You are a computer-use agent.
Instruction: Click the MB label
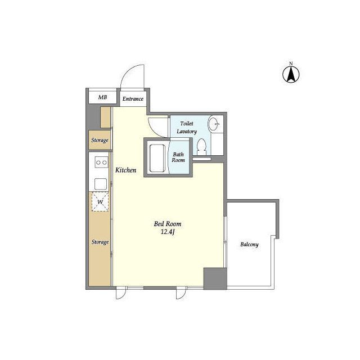(102, 97)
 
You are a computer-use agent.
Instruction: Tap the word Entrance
(133, 99)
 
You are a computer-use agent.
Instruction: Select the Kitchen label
(125, 170)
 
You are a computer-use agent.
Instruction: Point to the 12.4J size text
(168, 232)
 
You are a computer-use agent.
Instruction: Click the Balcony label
(249, 244)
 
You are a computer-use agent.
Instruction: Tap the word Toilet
(187, 124)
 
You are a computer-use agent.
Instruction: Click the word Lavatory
(187, 131)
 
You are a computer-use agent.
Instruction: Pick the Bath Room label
(178, 157)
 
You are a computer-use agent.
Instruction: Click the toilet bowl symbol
(202, 147)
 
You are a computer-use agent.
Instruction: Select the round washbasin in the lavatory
(214, 124)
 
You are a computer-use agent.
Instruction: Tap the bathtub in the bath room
(157, 158)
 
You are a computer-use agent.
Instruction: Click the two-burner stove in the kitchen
(101, 163)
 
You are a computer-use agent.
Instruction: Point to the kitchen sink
(101, 184)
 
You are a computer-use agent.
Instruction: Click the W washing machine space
(100, 201)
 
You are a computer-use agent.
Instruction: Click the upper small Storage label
(100, 140)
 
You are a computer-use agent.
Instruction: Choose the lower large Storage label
(100, 242)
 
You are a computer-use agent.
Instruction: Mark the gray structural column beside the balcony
(215, 278)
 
